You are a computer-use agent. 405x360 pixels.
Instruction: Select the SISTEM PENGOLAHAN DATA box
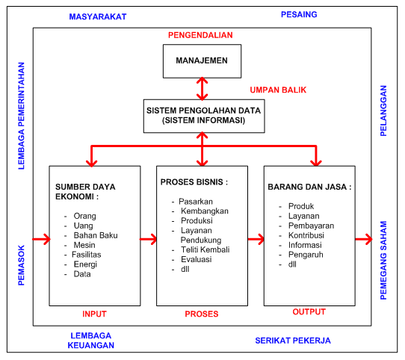[x=201, y=114]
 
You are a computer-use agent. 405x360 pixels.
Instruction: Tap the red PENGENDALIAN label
[x=201, y=35]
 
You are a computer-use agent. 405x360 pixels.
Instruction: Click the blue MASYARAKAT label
[x=97, y=16]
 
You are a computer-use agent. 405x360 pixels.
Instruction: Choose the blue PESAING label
[x=298, y=14]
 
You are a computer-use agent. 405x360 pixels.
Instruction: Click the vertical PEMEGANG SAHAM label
[x=384, y=260]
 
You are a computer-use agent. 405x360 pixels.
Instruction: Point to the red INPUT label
[x=94, y=314]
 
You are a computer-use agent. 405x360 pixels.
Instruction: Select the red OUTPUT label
[x=309, y=312]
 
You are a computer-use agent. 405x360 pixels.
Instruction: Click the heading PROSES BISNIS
[x=194, y=182]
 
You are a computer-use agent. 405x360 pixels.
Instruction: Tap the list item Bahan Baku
[x=96, y=235]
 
